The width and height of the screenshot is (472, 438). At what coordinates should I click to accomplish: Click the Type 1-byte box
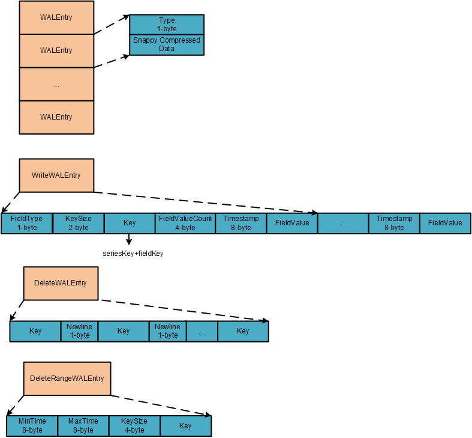(167, 25)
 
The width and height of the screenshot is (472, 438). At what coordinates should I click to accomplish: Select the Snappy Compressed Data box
(167, 45)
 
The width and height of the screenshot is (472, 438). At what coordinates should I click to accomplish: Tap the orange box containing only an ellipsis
(56, 84)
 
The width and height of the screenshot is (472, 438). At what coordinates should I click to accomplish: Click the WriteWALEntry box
(56, 175)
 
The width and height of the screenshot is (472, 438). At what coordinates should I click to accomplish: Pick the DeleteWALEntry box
(60, 283)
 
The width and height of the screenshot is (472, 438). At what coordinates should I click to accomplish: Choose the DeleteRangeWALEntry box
(67, 379)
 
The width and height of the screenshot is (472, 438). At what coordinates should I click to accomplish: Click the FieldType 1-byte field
(26, 223)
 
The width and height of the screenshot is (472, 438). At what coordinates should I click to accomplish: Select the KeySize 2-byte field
(78, 223)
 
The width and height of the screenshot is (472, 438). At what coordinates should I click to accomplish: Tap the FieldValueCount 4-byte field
(185, 223)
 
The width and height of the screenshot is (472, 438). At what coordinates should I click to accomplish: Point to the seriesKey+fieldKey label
(133, 254)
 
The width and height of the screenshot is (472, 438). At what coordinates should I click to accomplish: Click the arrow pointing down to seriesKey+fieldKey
(129, 240)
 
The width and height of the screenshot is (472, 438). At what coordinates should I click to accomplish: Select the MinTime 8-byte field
(32, 425)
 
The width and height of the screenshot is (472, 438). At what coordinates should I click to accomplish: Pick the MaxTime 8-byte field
(83, 425)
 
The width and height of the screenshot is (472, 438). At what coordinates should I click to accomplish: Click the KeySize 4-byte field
(134, 425)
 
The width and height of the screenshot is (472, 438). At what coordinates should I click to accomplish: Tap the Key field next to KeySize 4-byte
(186, 425)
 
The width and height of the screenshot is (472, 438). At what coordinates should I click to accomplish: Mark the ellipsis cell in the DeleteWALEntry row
(202, 331)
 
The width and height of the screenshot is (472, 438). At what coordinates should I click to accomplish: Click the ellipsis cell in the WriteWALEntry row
(342, 223)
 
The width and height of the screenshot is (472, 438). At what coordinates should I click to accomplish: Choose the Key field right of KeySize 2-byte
(130, 223)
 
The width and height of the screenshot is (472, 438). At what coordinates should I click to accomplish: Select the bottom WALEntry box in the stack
(56, 117)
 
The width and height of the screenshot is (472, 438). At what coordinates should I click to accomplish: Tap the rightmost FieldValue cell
(445, 223)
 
